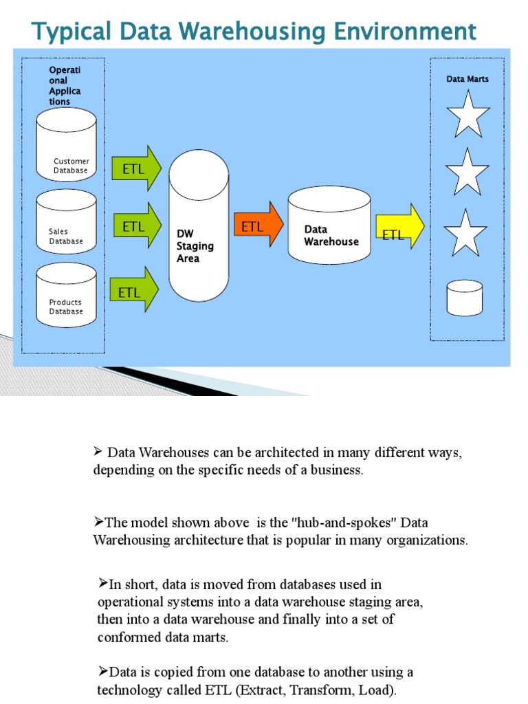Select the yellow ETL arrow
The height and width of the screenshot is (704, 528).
point(399,226)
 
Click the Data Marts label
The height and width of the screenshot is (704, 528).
point(467,79)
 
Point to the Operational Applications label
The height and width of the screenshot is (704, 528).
point(65,86)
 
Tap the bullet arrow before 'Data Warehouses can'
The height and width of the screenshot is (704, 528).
point(98,452)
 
